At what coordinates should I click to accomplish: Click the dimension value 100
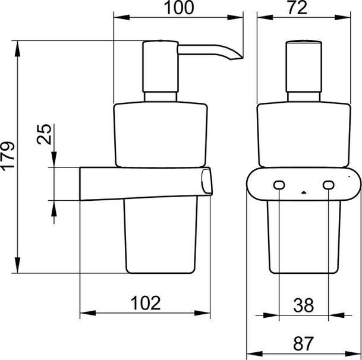[x=179, y=8]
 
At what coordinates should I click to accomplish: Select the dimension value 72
[x=297, y=8]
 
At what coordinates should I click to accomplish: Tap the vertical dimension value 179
[x=8, y=156]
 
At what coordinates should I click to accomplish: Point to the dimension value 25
[x=44, y=134]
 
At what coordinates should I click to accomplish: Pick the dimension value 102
[x=146, y=303]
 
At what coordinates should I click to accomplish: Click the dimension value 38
[x=303, y=305]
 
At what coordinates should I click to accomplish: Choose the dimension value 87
[x=303, y=343]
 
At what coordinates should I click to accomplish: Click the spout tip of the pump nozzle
[x=241, y=58]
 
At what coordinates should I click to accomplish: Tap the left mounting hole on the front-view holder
[x=279, y=185]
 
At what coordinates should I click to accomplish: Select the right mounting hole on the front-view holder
[x=328, y=185]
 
